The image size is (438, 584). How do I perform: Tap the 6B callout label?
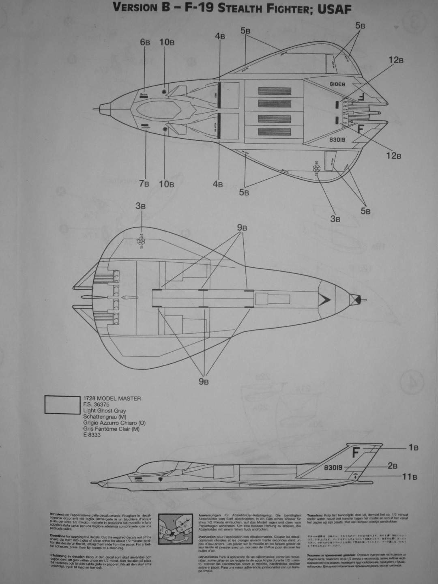coord(145,42)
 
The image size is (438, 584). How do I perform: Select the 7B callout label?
coord(144,183)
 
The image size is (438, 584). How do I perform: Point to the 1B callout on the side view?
coord(413,448)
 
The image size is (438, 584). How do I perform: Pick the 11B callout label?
coord(409,477)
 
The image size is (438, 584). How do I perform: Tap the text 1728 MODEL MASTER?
coord(112,399)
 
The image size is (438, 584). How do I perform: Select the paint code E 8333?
coord(92,435)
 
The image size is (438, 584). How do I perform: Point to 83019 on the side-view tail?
coord(334,467)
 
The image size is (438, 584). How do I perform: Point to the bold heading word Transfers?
coord(316,512)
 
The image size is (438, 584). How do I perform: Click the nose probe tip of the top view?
coord(94,109)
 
